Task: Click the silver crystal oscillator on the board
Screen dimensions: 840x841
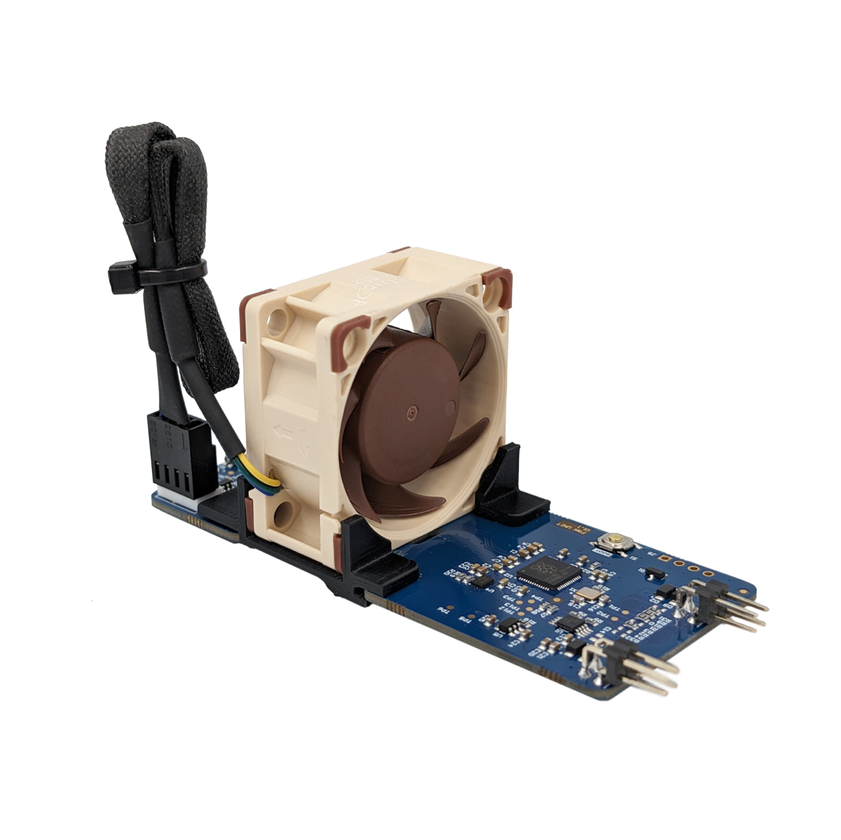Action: click(585, 596)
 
